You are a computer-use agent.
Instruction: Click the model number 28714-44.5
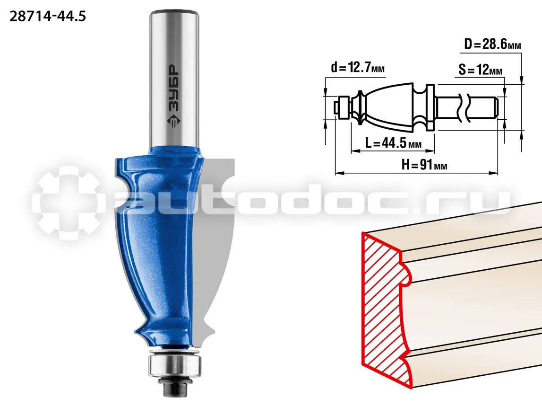[x=47, y=16]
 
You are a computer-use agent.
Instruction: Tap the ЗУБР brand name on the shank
[x=174, y=88]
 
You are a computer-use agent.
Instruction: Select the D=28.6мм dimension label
[x=492, y=44]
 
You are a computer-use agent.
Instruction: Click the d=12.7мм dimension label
[x=357, y=67]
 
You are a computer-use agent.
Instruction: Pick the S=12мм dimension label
[x=481, y=70]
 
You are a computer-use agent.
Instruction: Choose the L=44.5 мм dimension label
[x=393, y=142]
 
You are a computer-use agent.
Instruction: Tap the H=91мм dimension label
[x=424, y=165]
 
